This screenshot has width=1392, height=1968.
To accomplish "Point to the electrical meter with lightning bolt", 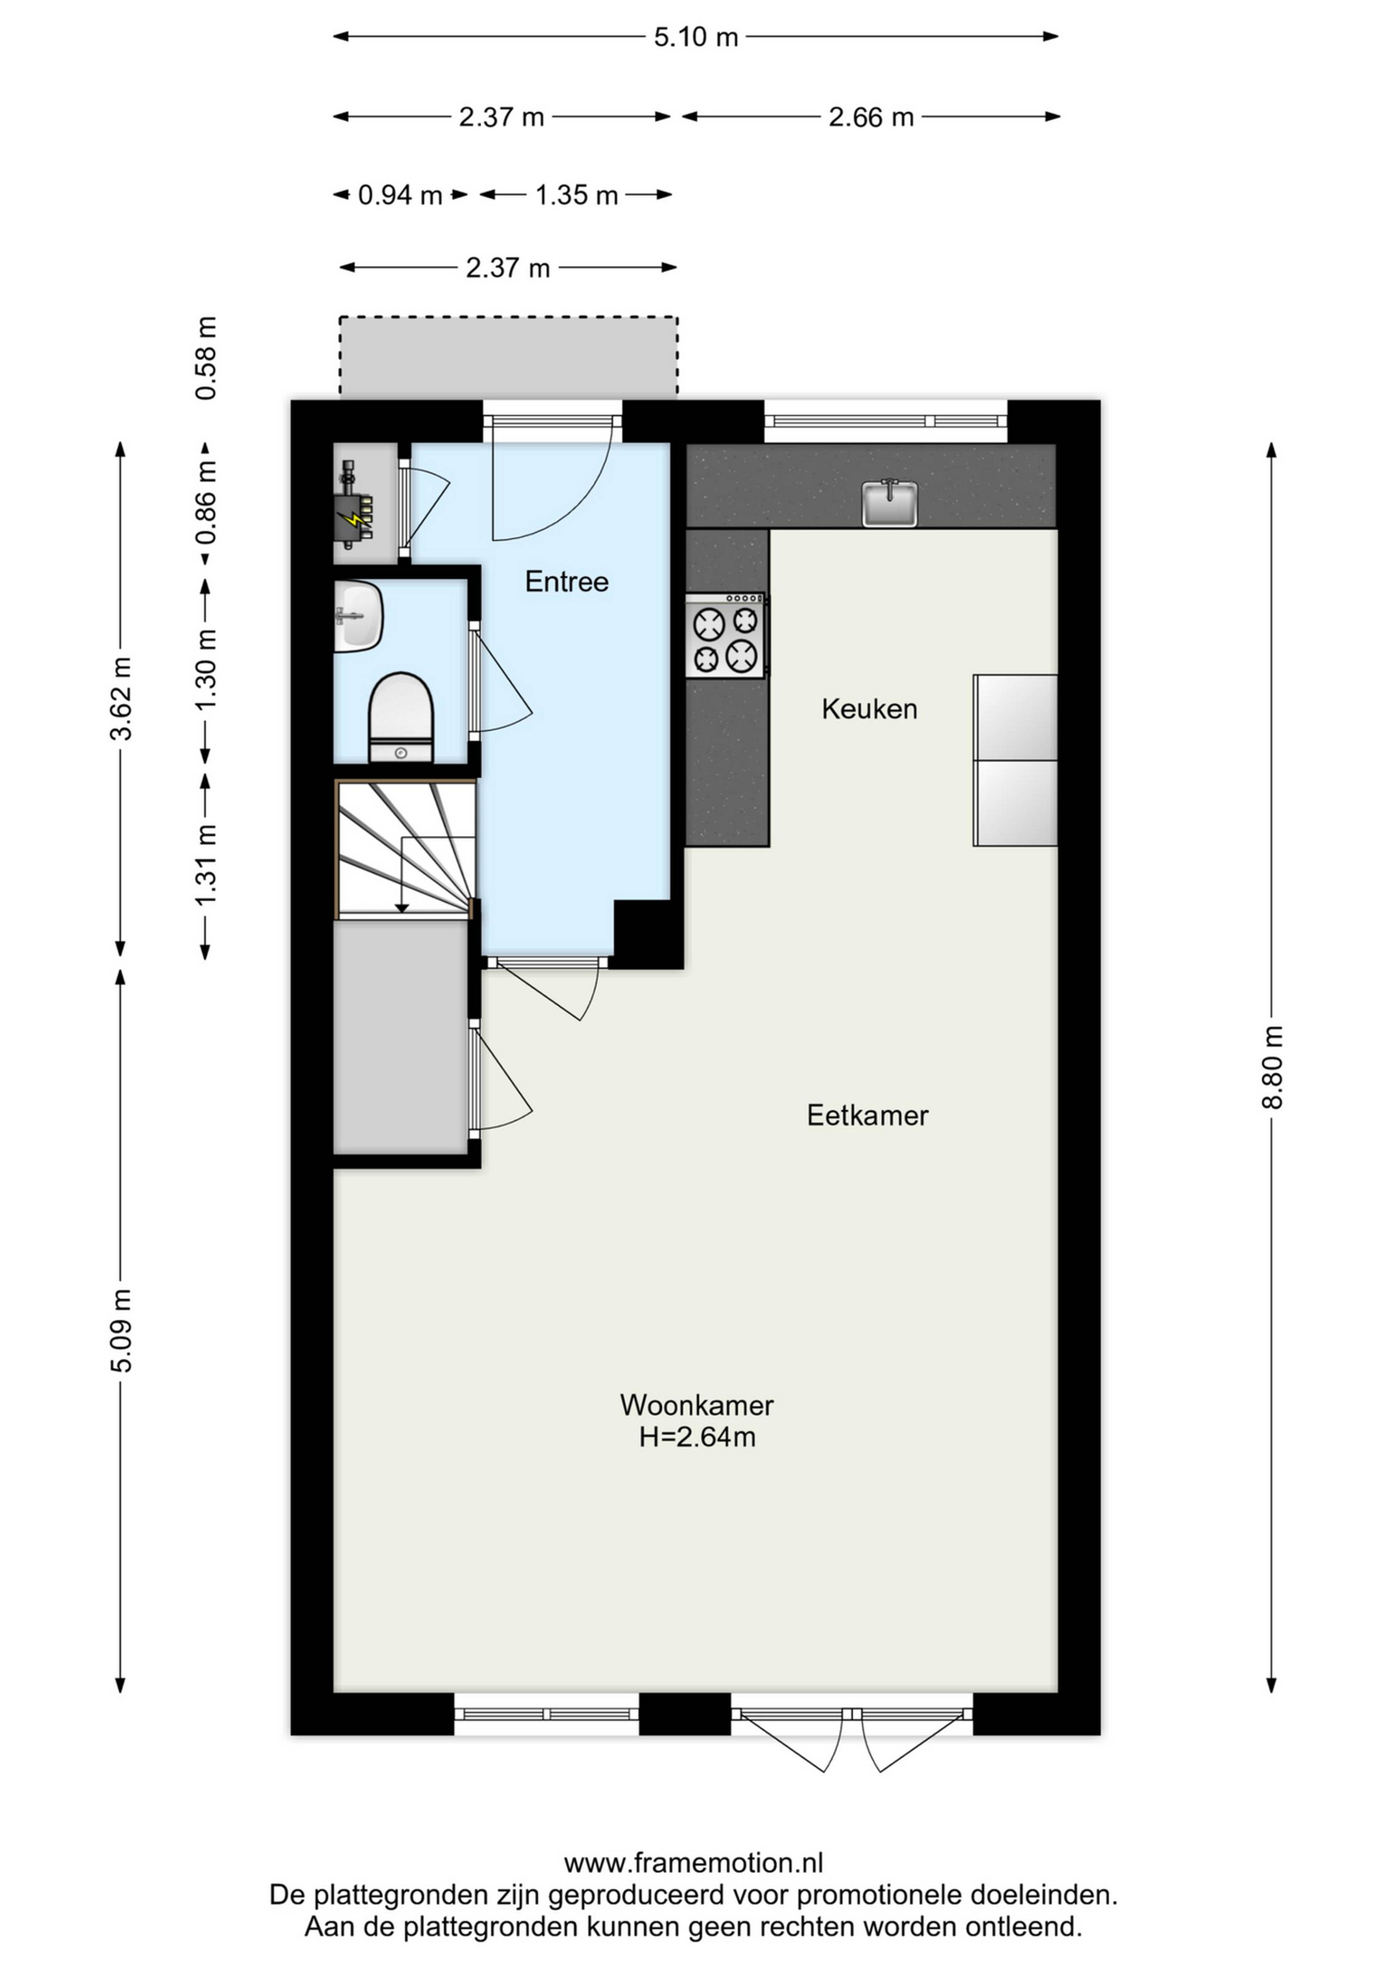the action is pos(354,504).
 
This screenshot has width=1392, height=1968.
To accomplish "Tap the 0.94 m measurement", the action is pos(400,195).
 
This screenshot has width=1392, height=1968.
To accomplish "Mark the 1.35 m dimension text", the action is pos(577,195).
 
